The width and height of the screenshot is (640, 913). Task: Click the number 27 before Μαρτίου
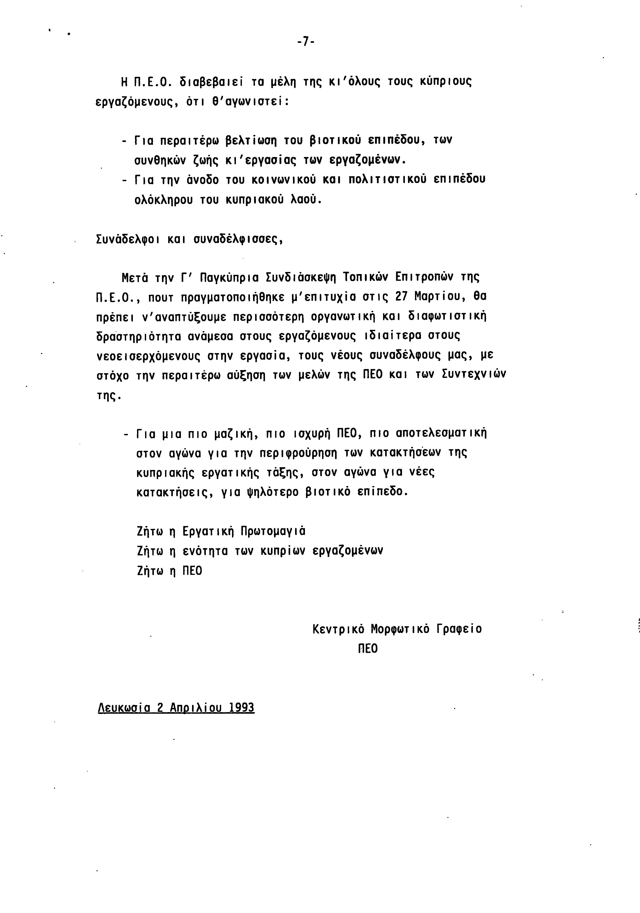403,297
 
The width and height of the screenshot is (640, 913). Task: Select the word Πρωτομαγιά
273,531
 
